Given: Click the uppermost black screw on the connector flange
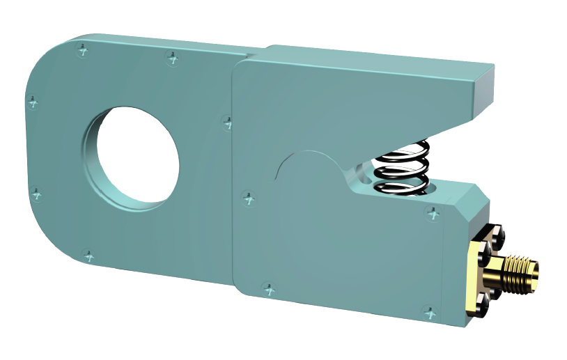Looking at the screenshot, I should click(497, 235).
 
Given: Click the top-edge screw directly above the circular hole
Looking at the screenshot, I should click(171, 58).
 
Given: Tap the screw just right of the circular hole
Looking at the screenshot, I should click(227, 122).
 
